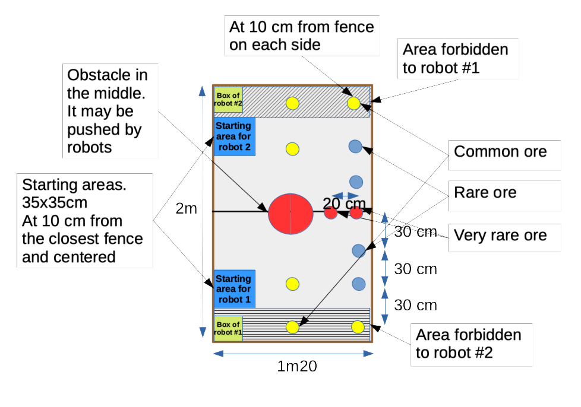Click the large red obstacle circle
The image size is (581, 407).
tap(290, 213)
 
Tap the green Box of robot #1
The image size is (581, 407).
tap(228, 328)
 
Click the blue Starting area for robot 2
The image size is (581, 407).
tap(234, 136)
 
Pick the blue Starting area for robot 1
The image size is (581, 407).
tap(234, 289)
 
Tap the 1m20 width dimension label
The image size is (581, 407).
tap(297, 367)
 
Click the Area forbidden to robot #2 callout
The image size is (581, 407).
tap(468, 344)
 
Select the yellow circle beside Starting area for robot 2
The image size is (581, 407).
tap(292, 148)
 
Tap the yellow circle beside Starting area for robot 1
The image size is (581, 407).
tap(292, 284)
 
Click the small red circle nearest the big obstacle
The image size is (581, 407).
tap(331, 213)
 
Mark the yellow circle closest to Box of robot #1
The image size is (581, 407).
tap(292, 327)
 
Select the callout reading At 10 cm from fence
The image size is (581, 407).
tap(302, 36)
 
